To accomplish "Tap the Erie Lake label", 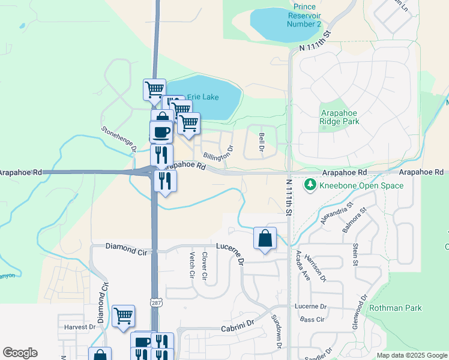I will click(x=203, y=97).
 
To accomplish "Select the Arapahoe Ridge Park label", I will click(x=340, y=116).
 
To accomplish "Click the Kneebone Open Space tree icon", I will click(x=310, y=185).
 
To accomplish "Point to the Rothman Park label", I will click(x=396, y=308).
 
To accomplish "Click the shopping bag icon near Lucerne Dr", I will click(x=265, y=238).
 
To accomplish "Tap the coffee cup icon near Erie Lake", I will click(x=161, y=131).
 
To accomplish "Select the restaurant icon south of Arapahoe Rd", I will click(x=165, y=181).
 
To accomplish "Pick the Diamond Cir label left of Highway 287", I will click(x=126, y=247).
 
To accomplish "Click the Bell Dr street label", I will click(x=262, y=142).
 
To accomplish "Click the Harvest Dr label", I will click(x=80, y=328).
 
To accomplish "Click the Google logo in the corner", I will click(x=20, y=353).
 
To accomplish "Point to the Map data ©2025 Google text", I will click(x=411, y=355).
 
